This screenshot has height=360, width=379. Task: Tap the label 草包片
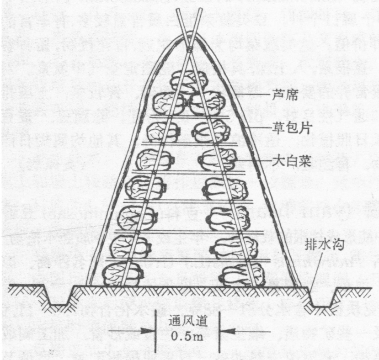point(283,126)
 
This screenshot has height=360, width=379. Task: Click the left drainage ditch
point(59,297)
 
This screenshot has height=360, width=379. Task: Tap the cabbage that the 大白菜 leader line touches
point(217,159)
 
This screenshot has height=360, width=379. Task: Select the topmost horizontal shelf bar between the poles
point(187,117)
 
